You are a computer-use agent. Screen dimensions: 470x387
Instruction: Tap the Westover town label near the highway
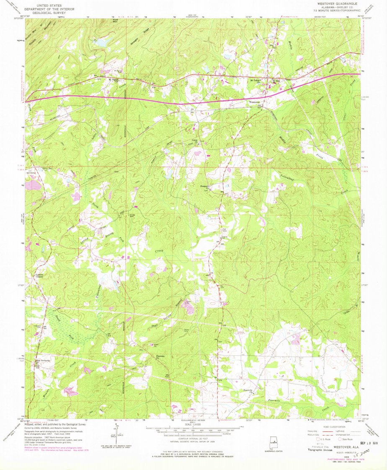click(x=255, y=102)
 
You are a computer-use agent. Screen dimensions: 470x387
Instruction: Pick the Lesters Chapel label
click(x=40, y=276)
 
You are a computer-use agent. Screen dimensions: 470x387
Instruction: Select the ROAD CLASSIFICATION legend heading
click(x=333, y=427)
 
